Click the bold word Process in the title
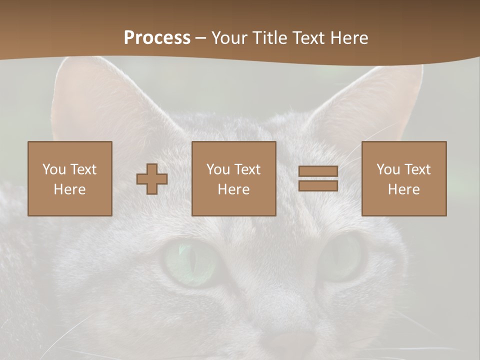157,38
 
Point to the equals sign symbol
318,178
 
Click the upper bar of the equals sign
318,171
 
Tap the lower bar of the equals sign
318,185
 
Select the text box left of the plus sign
70,178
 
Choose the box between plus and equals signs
234,178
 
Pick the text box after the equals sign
404,178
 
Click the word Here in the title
349,38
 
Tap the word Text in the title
307,38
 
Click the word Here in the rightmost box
404,189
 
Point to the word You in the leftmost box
54,169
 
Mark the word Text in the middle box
247,169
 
